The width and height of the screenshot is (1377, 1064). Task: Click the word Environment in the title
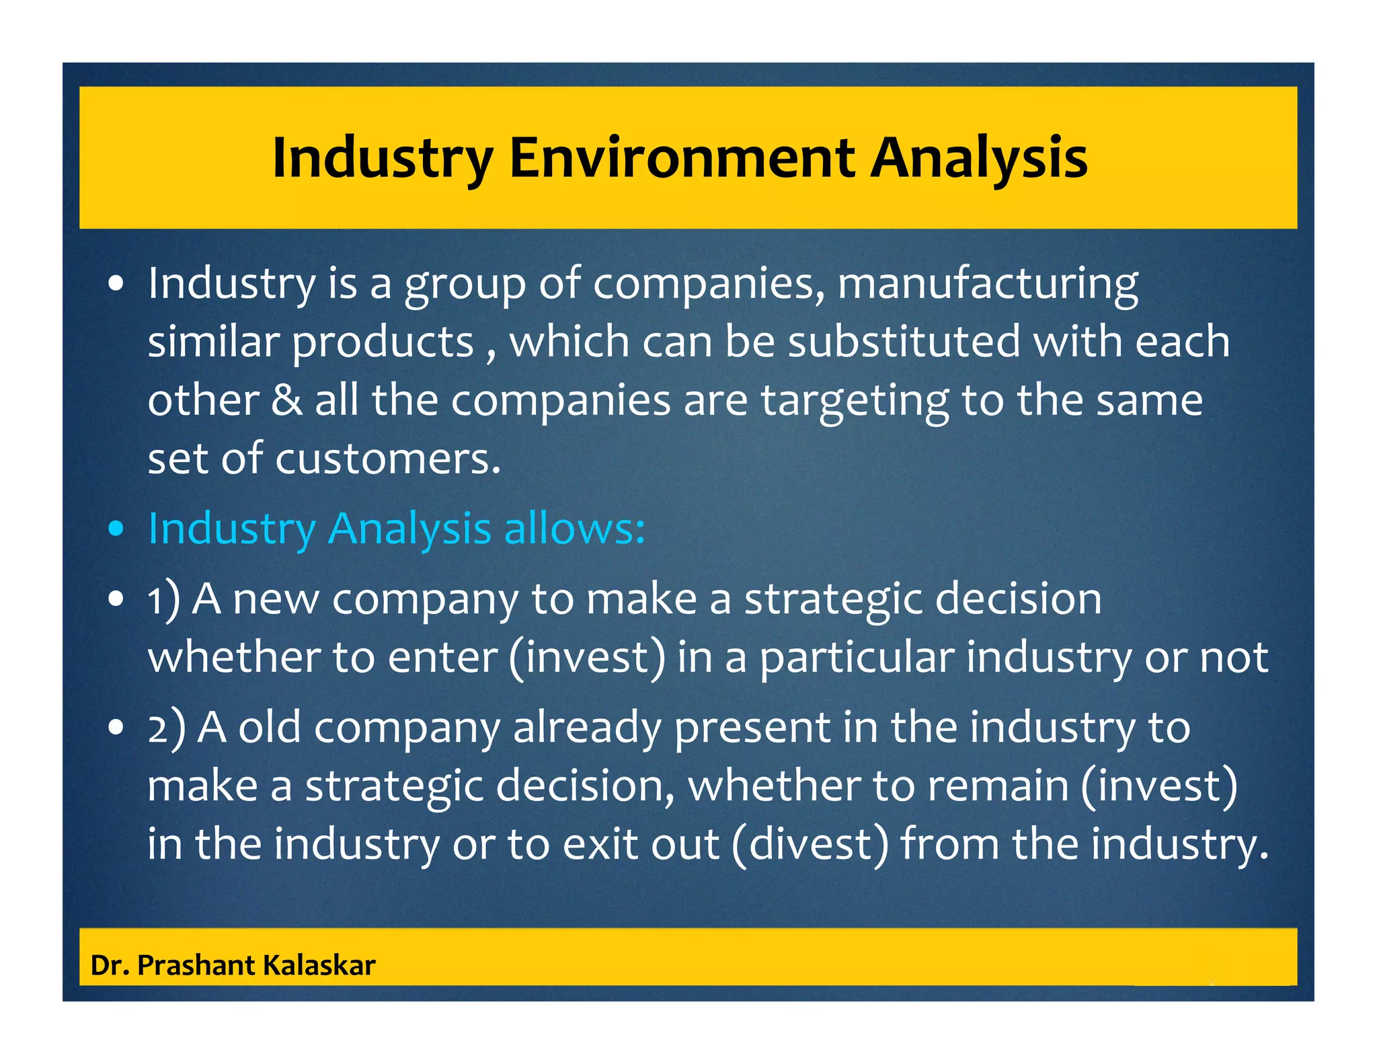(682, 158)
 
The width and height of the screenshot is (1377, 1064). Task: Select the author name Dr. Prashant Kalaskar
(233, 965)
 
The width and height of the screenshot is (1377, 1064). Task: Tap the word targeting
(854, 402)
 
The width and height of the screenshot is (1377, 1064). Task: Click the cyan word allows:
(574, 529)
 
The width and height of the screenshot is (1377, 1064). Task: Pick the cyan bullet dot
(116, 529)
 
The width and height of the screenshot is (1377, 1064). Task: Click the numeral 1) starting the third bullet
(163, 599)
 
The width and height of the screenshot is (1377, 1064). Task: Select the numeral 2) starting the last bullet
(166, 728)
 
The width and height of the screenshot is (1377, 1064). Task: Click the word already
(587, 728)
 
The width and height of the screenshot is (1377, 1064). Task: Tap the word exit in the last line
(598, 844)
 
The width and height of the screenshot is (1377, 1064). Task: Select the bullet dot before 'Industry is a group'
(116, 284)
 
